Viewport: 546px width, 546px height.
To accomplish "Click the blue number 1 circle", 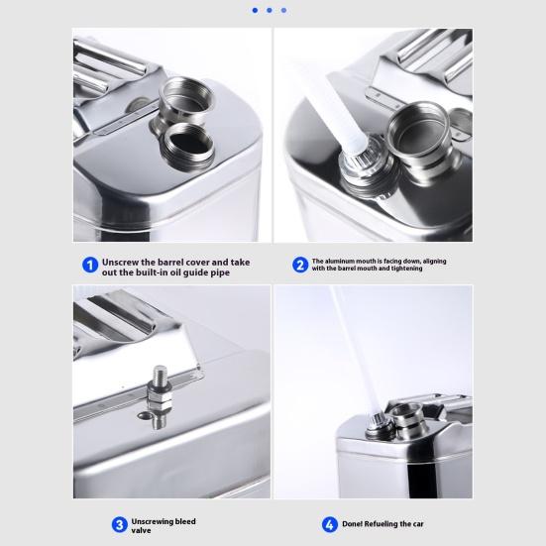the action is pyautogui.click(x=90, y=266).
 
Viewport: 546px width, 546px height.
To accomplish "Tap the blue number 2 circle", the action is pyautogui.click(x=300, y=265).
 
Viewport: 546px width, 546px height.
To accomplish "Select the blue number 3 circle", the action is pyautogui.click(x=120, y=525).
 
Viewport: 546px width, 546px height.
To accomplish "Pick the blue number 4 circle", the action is pyautogui.click(x=329, y=525).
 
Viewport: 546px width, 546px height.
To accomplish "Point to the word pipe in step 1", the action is pyautogui.click(x=220, y=273).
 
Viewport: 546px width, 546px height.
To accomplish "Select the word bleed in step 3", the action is pyautogui.click(x=185, y=521).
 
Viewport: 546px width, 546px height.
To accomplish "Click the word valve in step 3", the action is pyautogui.click(x=141, y=530).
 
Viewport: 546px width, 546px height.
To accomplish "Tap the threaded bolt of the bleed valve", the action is pyautogui.click(x=160, y=375).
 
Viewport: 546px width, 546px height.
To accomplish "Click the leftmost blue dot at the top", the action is pyautogui.click(x=255, y=11).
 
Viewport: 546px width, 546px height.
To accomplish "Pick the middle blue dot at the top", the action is pyautogui.click(x=270, y=11).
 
